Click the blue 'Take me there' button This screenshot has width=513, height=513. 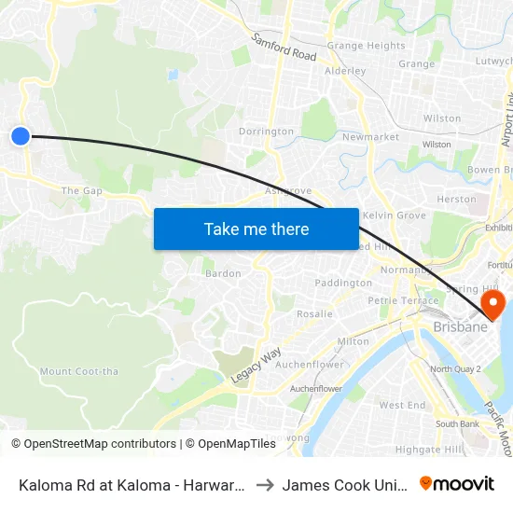pos(256,229)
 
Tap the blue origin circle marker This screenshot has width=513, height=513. pos(21,136)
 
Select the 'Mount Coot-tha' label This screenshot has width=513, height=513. pos(79,371)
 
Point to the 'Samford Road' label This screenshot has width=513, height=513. pos(284,49)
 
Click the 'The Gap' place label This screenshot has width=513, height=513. pos(81,191)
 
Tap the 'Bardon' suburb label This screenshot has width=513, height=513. pos(223,274)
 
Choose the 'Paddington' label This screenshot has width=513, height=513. pos(343,283)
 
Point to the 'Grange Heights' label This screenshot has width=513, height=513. pos(366,46)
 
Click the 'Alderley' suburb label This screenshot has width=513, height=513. pos(344,70)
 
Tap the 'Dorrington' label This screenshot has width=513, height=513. pos(266,132)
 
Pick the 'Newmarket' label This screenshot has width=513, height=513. pos(370,137)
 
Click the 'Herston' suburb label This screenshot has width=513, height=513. pos(456,199)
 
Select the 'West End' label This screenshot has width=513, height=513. pos(403,406)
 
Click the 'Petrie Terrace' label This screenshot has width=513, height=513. pos(403,300)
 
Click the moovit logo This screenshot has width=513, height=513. pos(456,483)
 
